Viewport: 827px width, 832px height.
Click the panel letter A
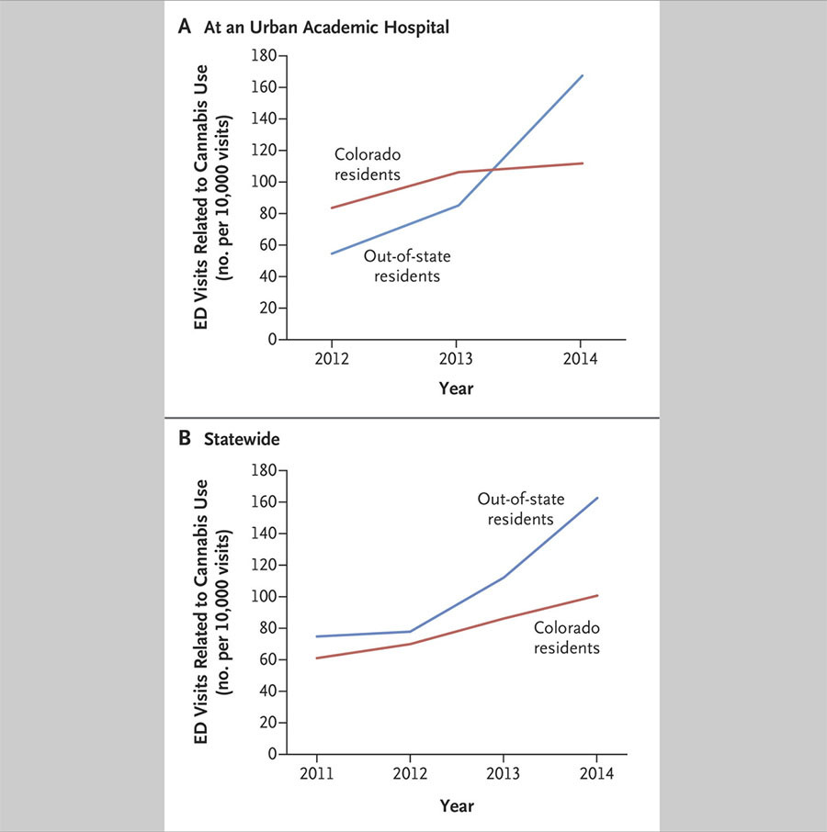click(184, 26)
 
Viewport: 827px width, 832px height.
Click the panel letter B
click(184, 438)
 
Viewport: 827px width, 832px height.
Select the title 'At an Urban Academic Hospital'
click(326, 27)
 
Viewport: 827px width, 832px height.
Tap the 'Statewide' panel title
click(242, 439)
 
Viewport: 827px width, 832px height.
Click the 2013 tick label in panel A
click(456, 359)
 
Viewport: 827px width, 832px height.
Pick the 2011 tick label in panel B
click(316, 773)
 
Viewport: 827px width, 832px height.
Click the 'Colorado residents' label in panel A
click(368, 164)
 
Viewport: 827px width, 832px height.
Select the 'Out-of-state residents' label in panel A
click(407, 265)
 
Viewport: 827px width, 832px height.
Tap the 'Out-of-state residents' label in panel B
click(521, 509)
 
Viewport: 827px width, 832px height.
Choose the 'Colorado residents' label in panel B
click(567, 637)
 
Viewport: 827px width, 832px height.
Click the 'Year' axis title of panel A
click(456, 388)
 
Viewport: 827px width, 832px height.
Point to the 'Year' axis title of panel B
click(457, 805)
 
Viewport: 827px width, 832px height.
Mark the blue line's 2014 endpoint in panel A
click(583, 75)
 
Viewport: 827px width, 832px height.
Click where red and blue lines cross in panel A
click(493, 169)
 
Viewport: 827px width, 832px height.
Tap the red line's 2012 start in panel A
click(332, 208)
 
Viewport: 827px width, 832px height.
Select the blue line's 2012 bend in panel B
click(411, 632)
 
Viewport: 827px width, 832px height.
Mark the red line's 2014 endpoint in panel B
click(597, 595)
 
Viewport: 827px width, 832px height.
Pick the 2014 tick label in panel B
click(596, 773)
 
